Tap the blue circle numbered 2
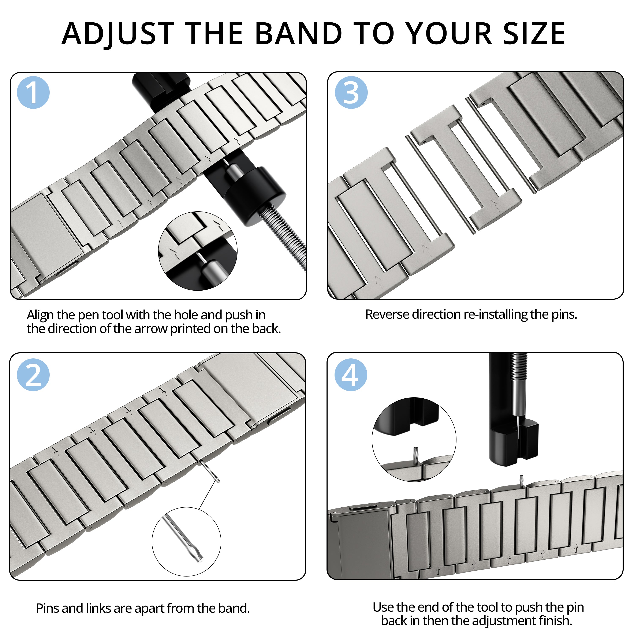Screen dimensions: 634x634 [x=33, y=375]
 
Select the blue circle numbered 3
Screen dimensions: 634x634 [x=351, y=93]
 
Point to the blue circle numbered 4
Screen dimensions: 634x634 [x=351, y=375]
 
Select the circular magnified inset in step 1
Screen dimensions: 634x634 [x=198, y=251]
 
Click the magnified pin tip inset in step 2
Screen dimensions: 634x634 [x=186, y=541]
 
